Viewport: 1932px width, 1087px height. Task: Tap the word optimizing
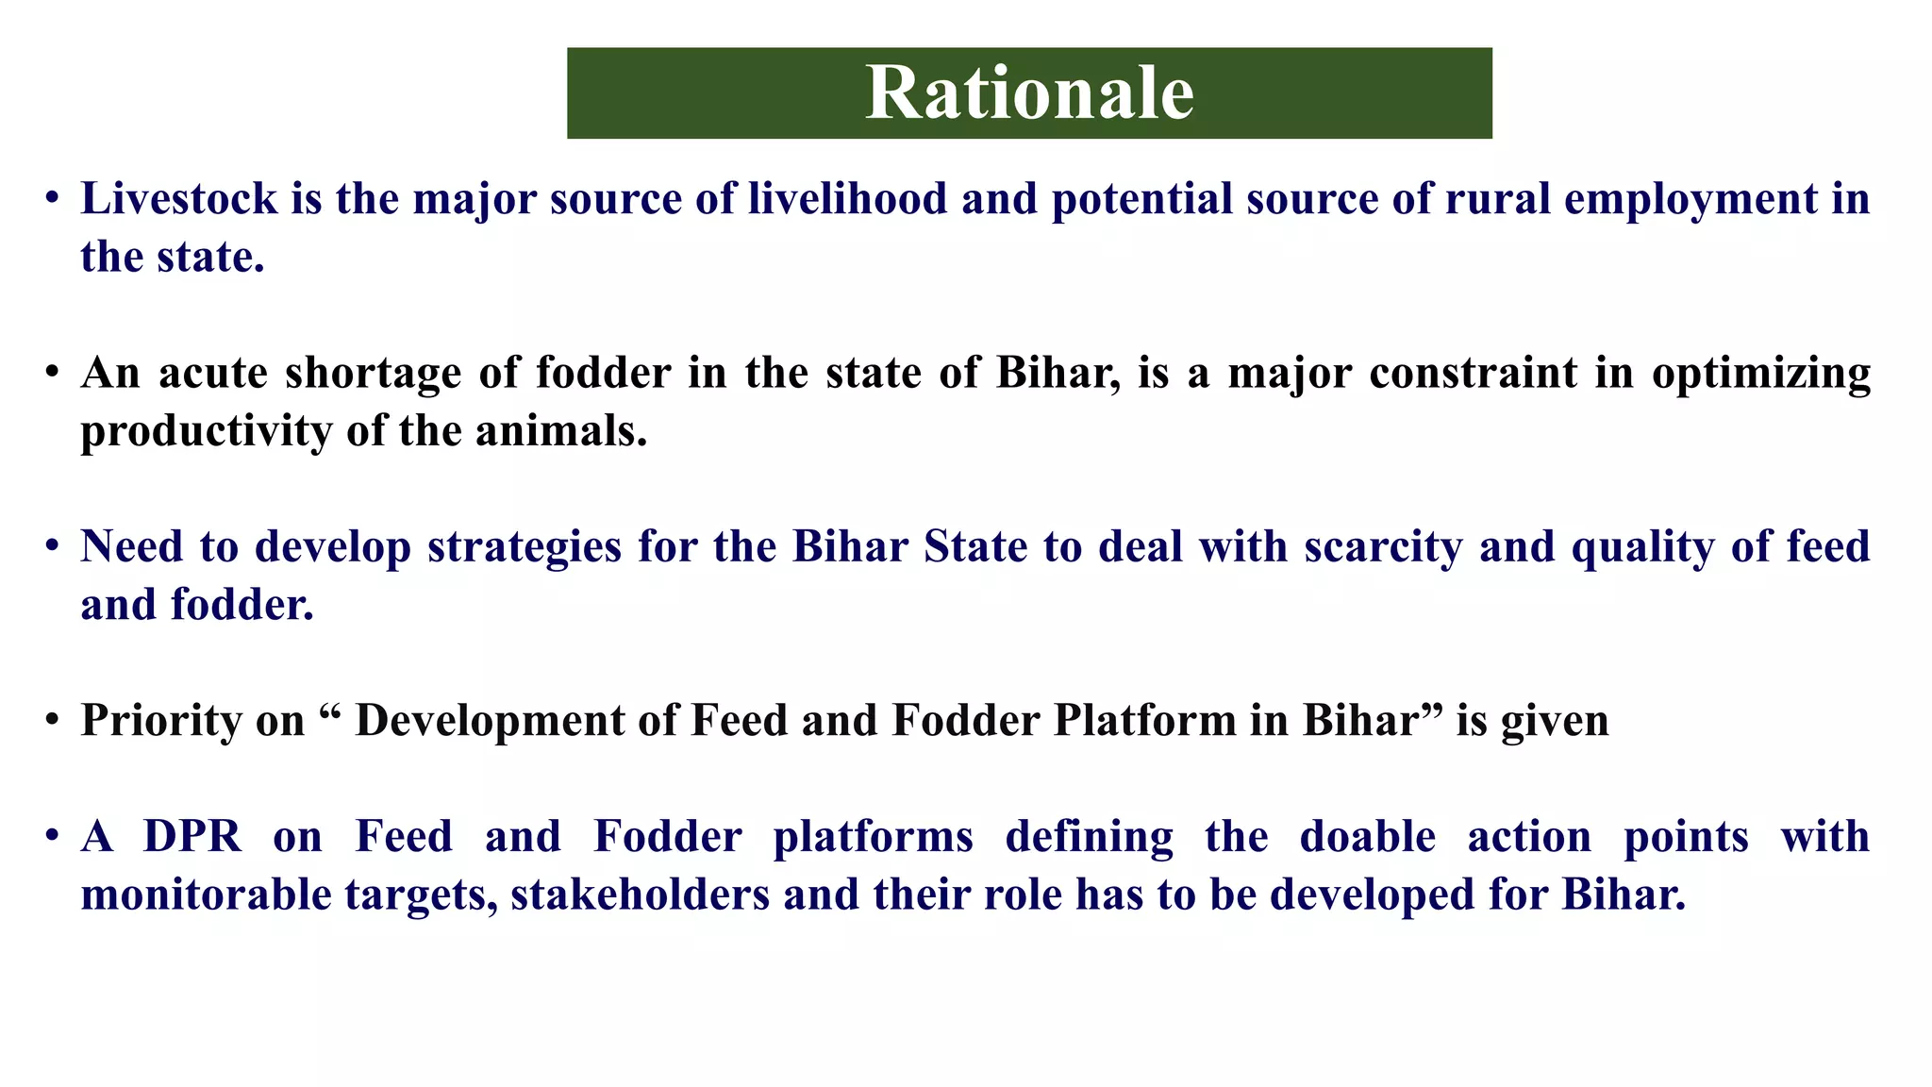point(1760,375)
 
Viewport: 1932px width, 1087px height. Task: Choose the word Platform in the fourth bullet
point(1144,720)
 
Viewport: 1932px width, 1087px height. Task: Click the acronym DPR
point(192,837)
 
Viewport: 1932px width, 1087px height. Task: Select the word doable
point(1368,837)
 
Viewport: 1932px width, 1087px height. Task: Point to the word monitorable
point(206,895)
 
